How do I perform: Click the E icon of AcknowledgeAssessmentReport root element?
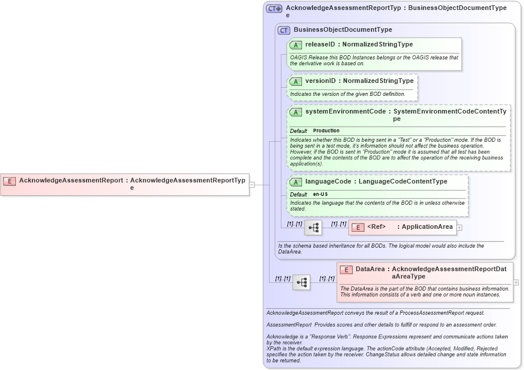tap(9, 181)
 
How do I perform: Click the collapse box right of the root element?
tap(251, 184)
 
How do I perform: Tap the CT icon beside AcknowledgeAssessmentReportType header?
tap(274, 9)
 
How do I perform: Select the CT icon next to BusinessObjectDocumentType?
tap(284, 30)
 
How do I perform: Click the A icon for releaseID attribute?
tap(296, 45)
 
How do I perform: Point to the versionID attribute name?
tap(320, 81)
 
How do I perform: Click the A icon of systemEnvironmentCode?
tap(296, 112)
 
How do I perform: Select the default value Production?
tap(326, 131)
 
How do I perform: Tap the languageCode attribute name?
tap(329, 181)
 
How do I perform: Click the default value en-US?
tap(320, 194)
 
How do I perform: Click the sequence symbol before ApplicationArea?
tap(313, 227)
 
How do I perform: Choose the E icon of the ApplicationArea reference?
tap(357, 227)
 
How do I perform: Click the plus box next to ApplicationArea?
tap(459, 227)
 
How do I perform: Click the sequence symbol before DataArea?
tap(301, 282)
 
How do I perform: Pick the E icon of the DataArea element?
tap(346, 269)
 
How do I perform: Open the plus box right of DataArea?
tap(516, 282)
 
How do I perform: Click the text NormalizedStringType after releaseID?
tap(377, 44)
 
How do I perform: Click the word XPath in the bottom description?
tap(274, 348)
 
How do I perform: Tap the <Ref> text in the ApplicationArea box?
tap(376, 226)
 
